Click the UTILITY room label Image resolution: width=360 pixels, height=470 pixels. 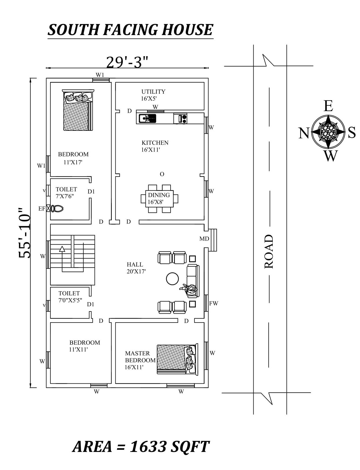coord(153,92)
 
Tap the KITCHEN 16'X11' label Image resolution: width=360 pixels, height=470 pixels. coord(155,146)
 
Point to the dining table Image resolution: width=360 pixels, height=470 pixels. coord(159,199)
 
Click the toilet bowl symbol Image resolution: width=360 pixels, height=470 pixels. coord(57,208)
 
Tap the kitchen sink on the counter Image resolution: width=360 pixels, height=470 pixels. coord(147,118)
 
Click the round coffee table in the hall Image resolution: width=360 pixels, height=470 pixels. coord(172,279)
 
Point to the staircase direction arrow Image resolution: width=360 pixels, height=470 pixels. coord(62,249)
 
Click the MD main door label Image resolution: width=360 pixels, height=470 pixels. coord(204,239)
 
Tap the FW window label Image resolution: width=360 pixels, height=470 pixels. coord(213,303)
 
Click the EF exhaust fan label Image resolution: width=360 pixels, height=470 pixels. coord(42,208)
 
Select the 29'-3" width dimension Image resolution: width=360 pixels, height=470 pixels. coord(127,62)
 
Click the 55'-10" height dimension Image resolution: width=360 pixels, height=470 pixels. coord(25,233)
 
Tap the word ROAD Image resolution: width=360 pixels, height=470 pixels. coord(269,251)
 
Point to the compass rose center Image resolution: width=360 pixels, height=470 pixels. coord(328,132)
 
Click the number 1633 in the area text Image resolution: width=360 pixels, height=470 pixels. coord(148,446)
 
